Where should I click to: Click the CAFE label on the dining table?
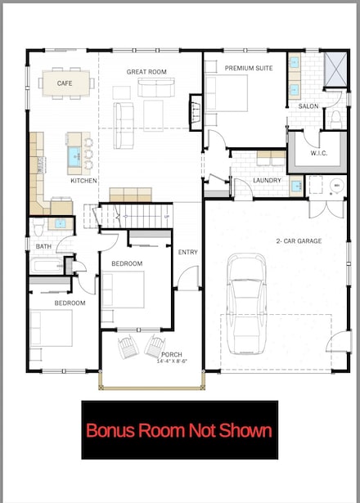pos(65,83)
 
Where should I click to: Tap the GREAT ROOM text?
pos(146,72)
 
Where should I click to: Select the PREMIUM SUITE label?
pos(249,68)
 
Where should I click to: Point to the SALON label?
pos(308,106)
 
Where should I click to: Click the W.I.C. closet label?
pos(319,153)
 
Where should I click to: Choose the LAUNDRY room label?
pos(268,181)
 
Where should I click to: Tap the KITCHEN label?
pos(83,181)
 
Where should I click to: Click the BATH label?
pos(43,246)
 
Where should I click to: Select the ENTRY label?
pos(188,252)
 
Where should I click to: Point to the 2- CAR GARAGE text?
pos(299,241)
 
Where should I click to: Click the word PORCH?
pos(172,354)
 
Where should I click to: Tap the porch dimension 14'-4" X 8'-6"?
pos(171,361)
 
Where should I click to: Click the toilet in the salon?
pos(335,118)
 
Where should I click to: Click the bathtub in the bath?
pos(47,265)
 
